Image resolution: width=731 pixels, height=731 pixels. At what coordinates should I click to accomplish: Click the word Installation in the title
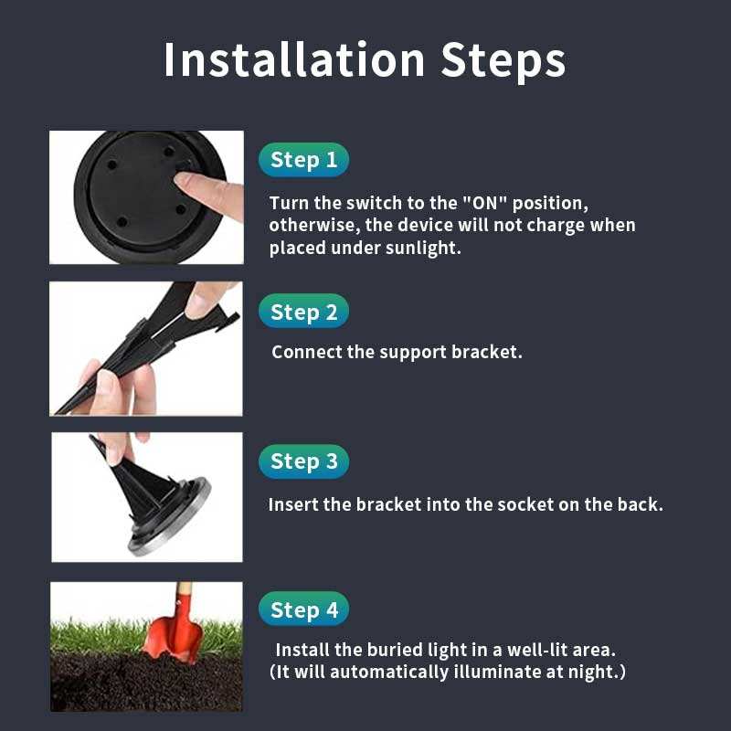293,59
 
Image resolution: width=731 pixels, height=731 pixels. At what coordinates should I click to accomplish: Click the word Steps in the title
503,61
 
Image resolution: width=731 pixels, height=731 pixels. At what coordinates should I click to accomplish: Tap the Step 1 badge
303,160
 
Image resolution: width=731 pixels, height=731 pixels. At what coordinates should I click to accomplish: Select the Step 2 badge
303,312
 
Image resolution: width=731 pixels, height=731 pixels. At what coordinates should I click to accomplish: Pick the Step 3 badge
303,461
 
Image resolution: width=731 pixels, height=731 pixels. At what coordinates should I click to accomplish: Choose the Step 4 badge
303,609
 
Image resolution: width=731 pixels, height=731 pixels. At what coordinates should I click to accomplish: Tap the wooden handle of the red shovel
185,589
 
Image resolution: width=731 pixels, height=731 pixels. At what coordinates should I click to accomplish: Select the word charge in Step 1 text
556,226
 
